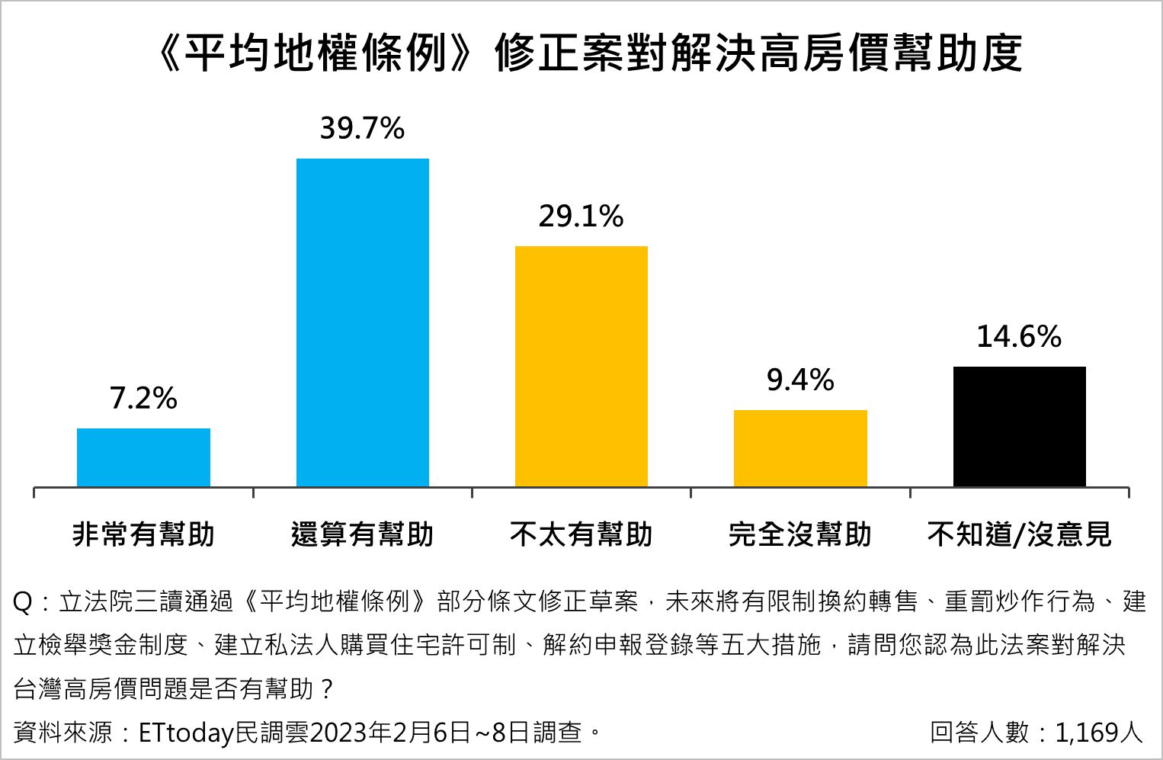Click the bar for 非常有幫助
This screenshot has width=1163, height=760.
pos(143,457)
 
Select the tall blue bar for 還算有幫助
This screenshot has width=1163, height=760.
pos(363,322)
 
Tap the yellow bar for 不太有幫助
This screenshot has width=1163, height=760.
pos(581,366)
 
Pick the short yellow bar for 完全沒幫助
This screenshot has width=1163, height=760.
pos(800,448)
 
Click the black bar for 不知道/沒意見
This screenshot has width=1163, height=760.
pos(1020,426)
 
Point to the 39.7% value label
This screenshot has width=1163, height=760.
pos(362,128)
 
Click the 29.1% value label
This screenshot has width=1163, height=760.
pos(581,216)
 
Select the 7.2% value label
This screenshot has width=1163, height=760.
pos(143,398)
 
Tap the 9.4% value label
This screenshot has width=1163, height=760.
pos(800,380)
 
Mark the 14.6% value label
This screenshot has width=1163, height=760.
pos(1020,336)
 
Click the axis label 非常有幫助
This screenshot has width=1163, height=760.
pos(143,534)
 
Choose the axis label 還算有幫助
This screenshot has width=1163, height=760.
pos(363,534)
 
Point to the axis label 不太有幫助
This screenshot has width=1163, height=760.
pos(581,534)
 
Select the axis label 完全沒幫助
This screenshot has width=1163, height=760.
pos(800,534)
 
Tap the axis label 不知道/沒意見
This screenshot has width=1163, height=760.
pos(1020,534)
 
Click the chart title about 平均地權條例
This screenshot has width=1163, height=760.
pos(588,53)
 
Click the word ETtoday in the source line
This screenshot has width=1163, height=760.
pos(186,733)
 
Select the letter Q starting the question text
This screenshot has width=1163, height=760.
pos(23,602)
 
